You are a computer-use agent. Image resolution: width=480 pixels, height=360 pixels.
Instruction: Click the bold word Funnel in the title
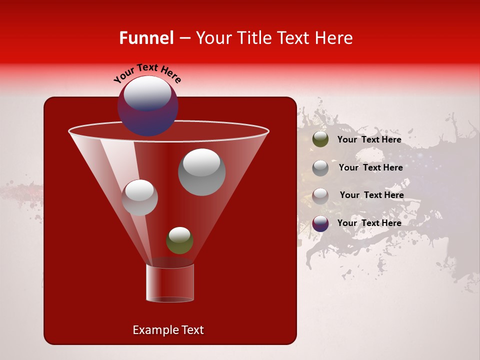[146, 38]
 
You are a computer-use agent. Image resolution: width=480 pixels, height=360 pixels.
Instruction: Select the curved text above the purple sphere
[147, 73]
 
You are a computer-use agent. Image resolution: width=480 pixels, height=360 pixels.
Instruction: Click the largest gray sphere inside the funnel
[201, 172]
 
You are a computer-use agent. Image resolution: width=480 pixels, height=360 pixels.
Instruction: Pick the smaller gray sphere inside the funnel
[139, 197]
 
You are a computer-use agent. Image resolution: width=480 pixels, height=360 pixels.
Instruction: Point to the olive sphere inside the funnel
[179, 240]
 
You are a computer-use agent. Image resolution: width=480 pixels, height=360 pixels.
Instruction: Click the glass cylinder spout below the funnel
[170, 283]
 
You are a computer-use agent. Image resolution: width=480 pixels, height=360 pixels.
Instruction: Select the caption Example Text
[168, 330]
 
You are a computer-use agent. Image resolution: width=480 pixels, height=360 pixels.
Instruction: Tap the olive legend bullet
[320, 139]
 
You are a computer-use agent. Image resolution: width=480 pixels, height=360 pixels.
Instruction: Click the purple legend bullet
[320, 223]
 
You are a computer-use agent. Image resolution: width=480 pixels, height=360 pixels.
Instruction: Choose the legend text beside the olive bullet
[369, 140]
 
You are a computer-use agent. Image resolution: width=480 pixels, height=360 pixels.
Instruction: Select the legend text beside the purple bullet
[369, 223]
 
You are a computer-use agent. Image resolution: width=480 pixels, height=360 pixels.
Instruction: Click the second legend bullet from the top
[320, 168]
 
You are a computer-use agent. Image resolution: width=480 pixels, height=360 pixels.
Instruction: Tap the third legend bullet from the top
[320, 195]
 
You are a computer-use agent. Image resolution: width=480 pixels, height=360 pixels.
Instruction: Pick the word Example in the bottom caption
[155, 330]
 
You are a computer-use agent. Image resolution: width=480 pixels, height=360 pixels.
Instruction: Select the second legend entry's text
[370, 167]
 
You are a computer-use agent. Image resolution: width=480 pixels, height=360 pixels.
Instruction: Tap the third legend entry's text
[371, 195]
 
